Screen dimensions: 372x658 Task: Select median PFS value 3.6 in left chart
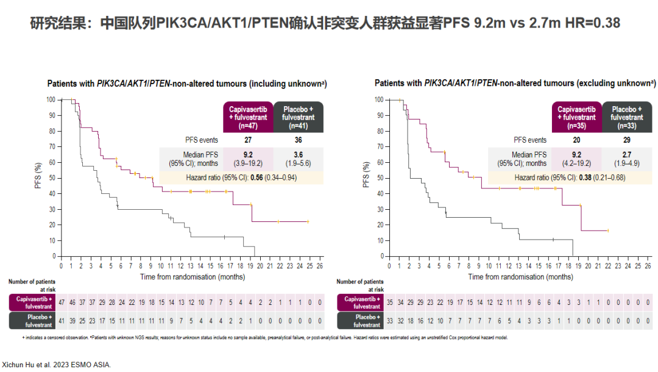coord(299,155)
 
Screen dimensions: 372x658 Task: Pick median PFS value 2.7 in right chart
coord(626,155)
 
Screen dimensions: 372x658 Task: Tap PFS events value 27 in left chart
coord(248,140)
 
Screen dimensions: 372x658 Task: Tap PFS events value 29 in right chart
coord(626,140)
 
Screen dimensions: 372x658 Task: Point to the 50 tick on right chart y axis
coord(380,177)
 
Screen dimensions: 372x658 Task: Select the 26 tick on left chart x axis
coord(320,266)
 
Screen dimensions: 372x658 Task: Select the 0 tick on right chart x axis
coord(389,266)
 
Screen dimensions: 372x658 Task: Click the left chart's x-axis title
coord(193,276)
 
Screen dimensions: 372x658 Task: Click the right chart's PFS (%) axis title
coord(366,174)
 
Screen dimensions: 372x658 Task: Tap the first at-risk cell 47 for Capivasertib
coord(61,302)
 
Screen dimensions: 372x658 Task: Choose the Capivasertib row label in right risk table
coord(361,302)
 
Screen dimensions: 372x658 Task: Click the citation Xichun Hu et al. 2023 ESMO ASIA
coord(57,365)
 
